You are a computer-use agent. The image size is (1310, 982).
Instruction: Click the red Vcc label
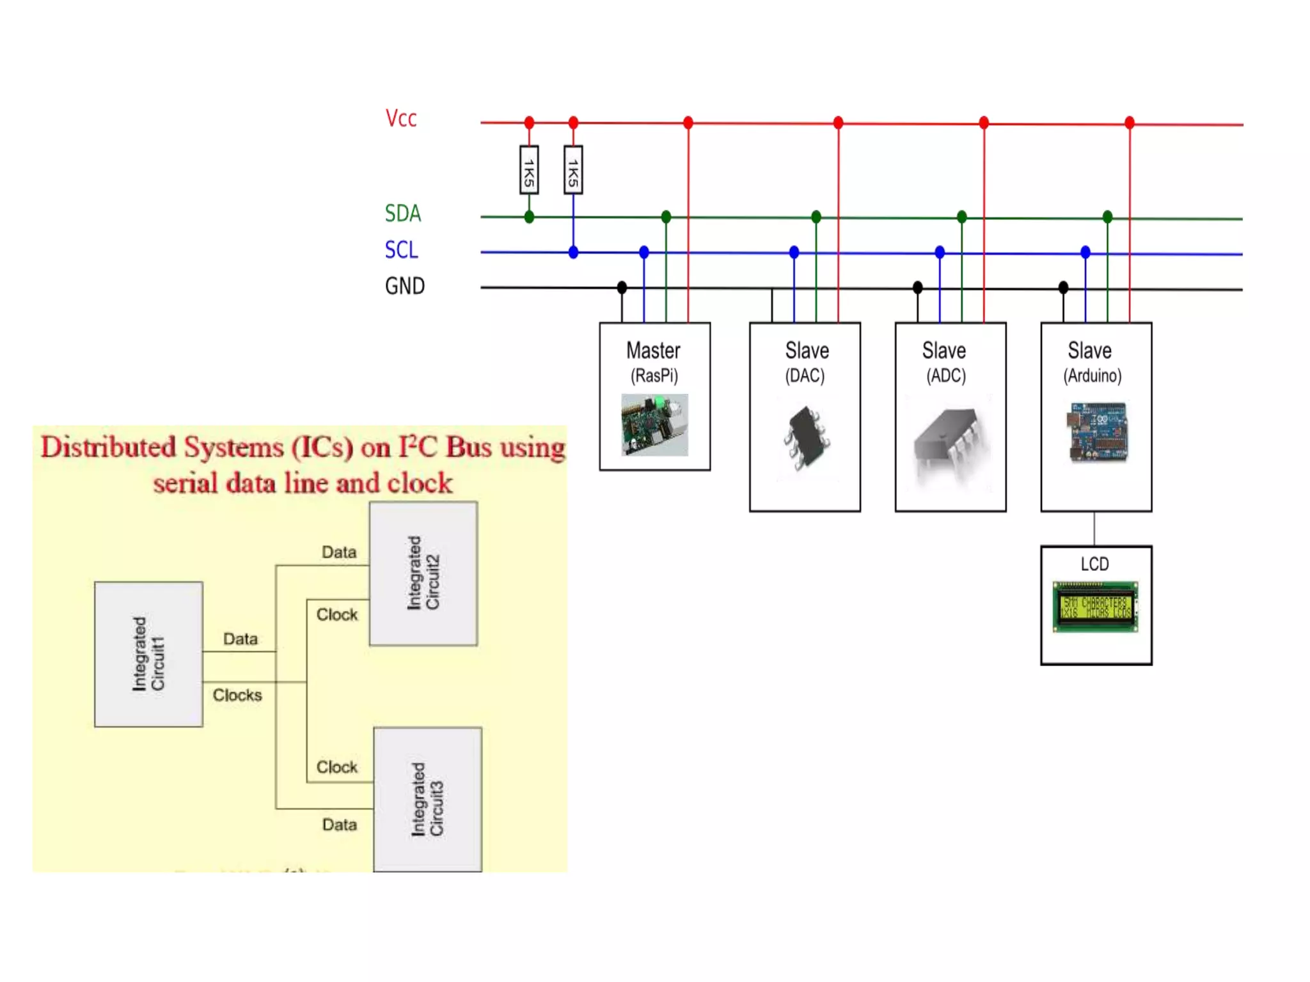[401, 119]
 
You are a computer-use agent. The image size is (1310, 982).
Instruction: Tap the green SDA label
[403, 214]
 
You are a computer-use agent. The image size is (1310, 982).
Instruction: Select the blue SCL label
[402, 250]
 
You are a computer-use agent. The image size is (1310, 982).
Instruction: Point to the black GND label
[405, 286]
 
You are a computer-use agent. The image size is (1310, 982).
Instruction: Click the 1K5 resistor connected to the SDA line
[529, 170]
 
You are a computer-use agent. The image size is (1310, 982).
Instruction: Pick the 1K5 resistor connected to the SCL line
[573, 170]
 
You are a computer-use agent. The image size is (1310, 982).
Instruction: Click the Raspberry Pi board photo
[654, 425]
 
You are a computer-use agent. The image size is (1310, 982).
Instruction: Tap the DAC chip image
[806, 438]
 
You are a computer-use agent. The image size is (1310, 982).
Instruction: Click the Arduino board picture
[1096, 432]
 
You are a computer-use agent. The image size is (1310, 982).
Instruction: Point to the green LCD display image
[1096, 607]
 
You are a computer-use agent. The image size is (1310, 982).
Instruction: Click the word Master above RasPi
[653, 351]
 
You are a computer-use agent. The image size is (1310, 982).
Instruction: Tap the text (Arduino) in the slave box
[1093, 376]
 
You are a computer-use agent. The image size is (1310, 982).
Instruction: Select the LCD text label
[1094, 564]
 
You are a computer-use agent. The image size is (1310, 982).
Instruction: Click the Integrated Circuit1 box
[148, 654]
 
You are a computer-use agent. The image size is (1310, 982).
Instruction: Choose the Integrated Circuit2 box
[423, 573]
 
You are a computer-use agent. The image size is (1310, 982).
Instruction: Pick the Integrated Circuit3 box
[427, 799]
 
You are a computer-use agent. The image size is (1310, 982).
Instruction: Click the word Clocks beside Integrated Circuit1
[237, 695]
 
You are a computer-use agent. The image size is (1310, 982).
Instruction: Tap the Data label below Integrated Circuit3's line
[339, 825]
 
